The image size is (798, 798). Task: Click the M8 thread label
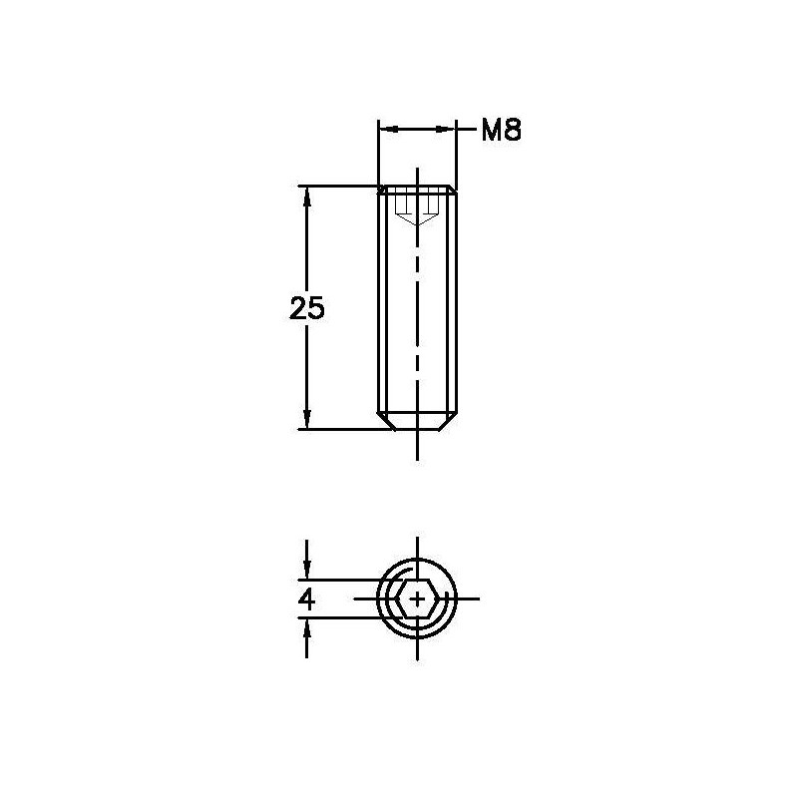(502, 131)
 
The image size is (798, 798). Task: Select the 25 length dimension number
(307, 308)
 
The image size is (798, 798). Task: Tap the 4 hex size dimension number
(307, 599)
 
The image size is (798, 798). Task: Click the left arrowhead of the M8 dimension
(388, 130)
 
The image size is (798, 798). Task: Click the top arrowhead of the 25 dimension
(307, 197)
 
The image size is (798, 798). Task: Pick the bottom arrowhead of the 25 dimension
(307, 419)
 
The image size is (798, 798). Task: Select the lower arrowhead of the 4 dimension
(307, 628)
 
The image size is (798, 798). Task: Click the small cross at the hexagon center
(417, 599)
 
